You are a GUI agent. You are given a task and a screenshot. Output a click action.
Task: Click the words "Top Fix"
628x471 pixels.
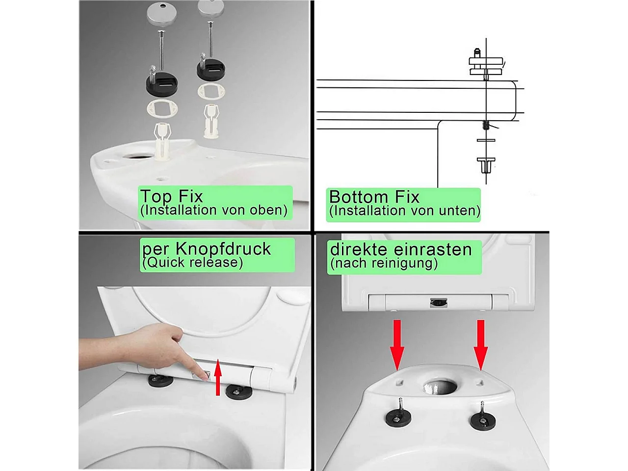[x=172, y=196]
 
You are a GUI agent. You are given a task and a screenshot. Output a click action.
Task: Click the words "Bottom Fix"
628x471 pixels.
[x=374, y=197]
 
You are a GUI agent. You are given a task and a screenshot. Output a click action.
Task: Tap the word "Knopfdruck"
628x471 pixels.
[x=223, y=249]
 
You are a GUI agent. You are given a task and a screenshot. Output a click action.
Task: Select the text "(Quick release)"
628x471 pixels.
[x=192, y=262]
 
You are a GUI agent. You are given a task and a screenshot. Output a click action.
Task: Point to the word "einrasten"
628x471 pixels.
[x=433, y=249]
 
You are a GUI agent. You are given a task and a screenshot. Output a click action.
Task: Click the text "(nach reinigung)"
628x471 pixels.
[x=384, y=263]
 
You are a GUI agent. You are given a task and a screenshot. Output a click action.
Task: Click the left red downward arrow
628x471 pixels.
[x=397, y=345]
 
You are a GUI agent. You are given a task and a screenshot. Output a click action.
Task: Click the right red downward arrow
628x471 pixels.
[x=481, y=345]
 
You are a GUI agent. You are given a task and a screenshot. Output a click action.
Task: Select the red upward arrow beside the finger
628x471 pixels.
[x=218, y=377]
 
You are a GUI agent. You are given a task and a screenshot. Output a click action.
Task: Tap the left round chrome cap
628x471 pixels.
[x=161, y=13]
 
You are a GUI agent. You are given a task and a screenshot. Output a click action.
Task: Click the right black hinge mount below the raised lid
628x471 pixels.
[x=239, y=392]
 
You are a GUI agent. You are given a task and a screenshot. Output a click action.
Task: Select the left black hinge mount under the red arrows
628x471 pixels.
[x=398, y=419]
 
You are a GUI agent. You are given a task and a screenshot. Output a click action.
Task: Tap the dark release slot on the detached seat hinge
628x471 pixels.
[x=439, y=302]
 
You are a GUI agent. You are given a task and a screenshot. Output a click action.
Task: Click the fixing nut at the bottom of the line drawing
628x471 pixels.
[x=486, y=165]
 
